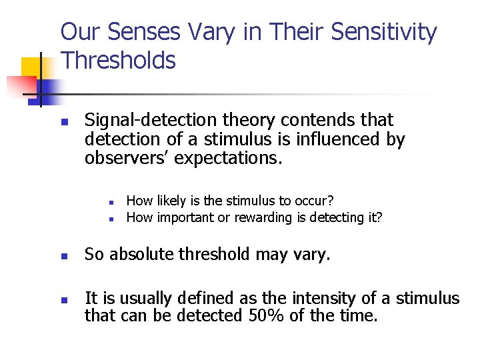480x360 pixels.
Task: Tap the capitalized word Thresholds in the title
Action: click(x=118, y=61)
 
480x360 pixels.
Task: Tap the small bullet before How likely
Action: click(x=113, y=201)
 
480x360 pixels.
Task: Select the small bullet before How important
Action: click(x=113, y=218)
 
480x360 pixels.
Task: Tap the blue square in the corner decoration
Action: click(x=48, y=88)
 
